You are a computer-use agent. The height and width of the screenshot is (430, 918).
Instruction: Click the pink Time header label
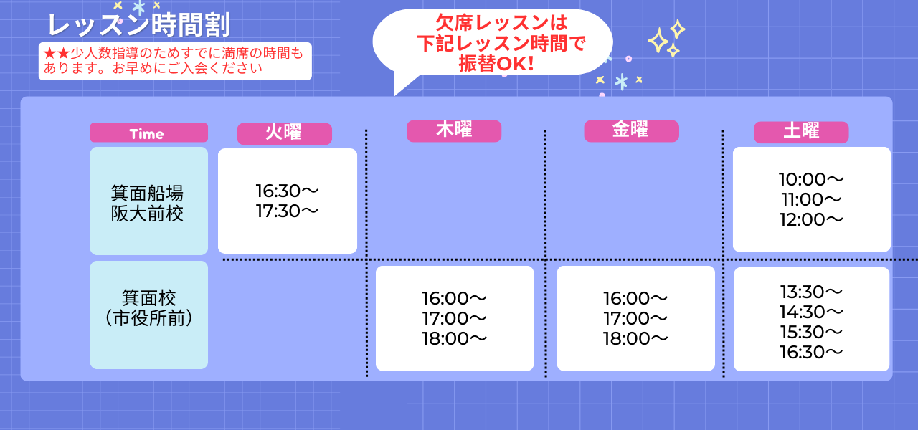(148, 133)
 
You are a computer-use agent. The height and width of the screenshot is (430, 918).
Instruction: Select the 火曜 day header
(284, 133)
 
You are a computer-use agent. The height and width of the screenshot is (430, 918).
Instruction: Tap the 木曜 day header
(453, 130)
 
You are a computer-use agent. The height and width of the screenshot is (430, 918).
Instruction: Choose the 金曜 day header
(630, 130)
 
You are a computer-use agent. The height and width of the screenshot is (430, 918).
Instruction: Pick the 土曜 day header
(800, 132)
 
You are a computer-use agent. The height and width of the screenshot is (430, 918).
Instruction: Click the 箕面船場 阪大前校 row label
(148, 203)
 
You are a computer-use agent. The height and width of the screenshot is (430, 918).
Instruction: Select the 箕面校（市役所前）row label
(148, 307)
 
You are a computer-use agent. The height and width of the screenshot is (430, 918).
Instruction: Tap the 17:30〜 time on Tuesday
(287, 211)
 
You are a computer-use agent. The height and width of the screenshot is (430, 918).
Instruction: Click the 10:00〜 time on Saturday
(811, 179)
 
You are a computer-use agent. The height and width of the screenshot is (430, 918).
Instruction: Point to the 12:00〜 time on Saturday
(811, 219)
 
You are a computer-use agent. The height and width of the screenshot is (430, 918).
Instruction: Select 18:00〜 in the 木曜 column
(454, 338)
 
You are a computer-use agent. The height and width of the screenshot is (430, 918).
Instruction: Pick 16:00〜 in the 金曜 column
(635, 298)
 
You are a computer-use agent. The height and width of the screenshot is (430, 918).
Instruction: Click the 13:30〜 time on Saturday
(811, 292)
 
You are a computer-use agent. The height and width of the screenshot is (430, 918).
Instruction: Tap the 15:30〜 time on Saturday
(811, 332)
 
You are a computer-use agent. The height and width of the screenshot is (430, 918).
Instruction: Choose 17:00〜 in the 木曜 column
(454, 318)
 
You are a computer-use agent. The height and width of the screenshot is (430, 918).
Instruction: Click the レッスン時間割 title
(138, 25)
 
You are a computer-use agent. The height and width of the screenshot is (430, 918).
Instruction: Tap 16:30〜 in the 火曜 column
(287, 191)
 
